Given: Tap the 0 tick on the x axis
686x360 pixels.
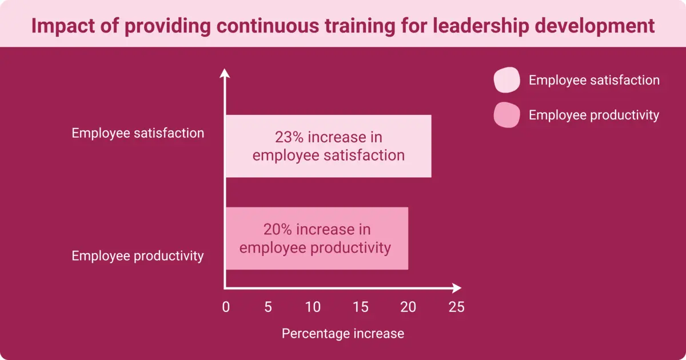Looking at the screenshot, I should [x=226, y=307].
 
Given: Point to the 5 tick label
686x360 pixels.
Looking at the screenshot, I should [x=268, y=307].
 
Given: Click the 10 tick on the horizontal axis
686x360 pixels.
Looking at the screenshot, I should [x=313, y=307].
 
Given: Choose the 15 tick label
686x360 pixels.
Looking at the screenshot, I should [x=361, y=307].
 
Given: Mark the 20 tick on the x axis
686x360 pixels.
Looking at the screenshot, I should [x=408, y=307].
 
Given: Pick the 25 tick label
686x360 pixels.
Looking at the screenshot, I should [x=456, y=307].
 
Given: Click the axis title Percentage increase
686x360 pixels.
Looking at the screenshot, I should [x=343, y=334].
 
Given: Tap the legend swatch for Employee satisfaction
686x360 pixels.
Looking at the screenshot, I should [x=506, y=80].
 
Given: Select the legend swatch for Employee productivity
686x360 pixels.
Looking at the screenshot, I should [x=506, y=115].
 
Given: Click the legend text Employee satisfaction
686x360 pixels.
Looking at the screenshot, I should [x=594, y=81].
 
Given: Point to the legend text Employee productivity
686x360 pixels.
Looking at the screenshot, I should [x=594, y=115].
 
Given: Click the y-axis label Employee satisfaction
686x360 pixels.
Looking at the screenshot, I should [x=138, y=133].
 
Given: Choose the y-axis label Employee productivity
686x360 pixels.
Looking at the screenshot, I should [x=138, y=256].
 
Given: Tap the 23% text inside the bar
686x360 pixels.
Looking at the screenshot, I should [x=288, y=138].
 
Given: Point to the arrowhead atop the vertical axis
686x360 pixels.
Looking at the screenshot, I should [x=225, y=73].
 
